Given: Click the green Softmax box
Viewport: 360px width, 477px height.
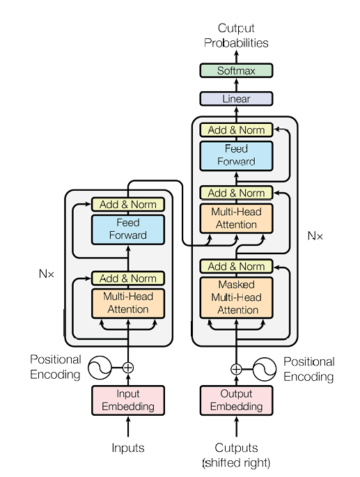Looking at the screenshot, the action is (236, 70).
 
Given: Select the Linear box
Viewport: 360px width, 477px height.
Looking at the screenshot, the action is (236, 99).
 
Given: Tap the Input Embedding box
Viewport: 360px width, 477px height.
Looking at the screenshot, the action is (128, 400).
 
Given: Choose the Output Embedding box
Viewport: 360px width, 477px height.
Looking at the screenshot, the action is (236, 400).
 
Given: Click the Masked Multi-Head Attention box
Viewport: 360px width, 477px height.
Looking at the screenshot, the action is (236, 297).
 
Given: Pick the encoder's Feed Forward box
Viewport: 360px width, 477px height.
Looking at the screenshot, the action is (128, 229).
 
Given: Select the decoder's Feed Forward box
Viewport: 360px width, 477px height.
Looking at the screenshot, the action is (236, 156).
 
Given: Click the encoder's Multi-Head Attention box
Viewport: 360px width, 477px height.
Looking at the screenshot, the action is (128, 304).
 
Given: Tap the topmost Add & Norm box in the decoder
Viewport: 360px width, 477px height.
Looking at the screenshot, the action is (236, 130).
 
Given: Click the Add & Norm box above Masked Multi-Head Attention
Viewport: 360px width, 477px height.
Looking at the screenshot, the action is (236, 267).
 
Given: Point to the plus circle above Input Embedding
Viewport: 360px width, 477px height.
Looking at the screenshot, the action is (128, 368).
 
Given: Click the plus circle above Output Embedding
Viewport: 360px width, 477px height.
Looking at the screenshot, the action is (236, 369).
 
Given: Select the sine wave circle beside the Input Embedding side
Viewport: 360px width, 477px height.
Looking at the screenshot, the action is (100, 368).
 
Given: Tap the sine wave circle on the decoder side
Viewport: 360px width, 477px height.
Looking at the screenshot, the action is (265, 369).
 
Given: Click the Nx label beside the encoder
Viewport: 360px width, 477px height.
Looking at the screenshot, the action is (47, 274).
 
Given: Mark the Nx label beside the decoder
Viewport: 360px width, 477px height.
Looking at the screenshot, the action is (315, 236).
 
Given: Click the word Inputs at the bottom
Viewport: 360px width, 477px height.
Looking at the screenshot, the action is (128, 448).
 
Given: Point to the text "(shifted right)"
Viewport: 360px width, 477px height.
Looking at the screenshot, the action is (236, 462).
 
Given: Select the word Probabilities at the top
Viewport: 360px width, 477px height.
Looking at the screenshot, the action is (236, 43).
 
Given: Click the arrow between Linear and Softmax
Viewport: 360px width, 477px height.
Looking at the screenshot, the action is (237, 85).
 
